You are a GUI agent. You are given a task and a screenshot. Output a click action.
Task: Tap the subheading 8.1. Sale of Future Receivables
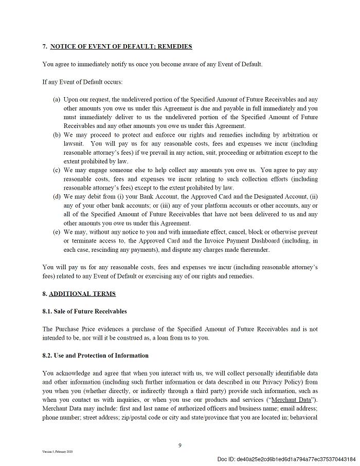tap(84, 311)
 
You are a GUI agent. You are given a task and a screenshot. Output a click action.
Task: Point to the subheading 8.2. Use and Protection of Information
tap(96, 356)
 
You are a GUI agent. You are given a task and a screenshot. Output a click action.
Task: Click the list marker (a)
tap(57, 100)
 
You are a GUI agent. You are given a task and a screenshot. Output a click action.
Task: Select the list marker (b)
tap(57, 135)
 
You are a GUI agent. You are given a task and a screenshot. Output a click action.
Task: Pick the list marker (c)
tap(57, 170)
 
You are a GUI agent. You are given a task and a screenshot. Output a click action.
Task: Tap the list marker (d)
tap(57, 197)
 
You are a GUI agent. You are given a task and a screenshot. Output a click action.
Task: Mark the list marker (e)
tap(57, 232)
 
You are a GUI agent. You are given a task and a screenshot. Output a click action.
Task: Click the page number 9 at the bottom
tap(180, 445)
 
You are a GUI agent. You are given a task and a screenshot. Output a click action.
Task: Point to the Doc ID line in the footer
tap(286, 459)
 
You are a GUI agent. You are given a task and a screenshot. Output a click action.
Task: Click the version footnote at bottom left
tap(58, 452)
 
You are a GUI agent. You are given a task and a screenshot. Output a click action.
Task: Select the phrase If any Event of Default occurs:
tap(83, 82)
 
